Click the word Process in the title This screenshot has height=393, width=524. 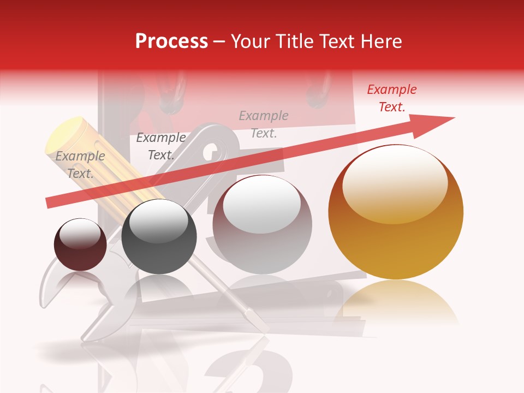[x=171, y=41]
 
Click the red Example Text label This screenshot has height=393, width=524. [x=391, y=98]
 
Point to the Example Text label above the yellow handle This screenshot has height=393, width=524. [x=80, y=165]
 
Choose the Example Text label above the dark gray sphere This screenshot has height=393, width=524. [x=160, y=146]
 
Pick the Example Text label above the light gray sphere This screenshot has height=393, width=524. [x=264, y=124]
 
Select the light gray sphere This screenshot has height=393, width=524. [x=262, y=229]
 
